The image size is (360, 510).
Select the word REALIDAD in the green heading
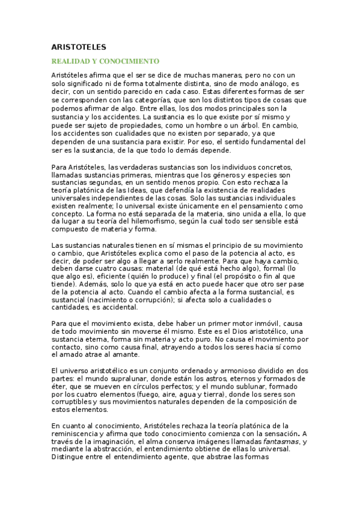coord(71,61)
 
